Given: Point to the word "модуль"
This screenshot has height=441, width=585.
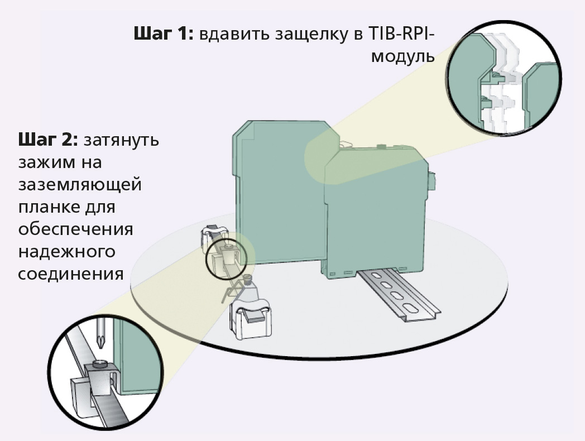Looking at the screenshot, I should click(402, 56).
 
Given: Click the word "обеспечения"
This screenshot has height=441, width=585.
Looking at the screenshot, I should click(75, 230).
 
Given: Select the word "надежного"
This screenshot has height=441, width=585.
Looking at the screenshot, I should click(66, 252).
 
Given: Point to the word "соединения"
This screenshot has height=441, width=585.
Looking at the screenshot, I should click(71, 275).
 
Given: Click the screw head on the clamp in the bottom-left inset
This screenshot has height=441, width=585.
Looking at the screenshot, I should click(100, 365).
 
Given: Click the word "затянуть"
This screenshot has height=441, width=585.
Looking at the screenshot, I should click(121, 140).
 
